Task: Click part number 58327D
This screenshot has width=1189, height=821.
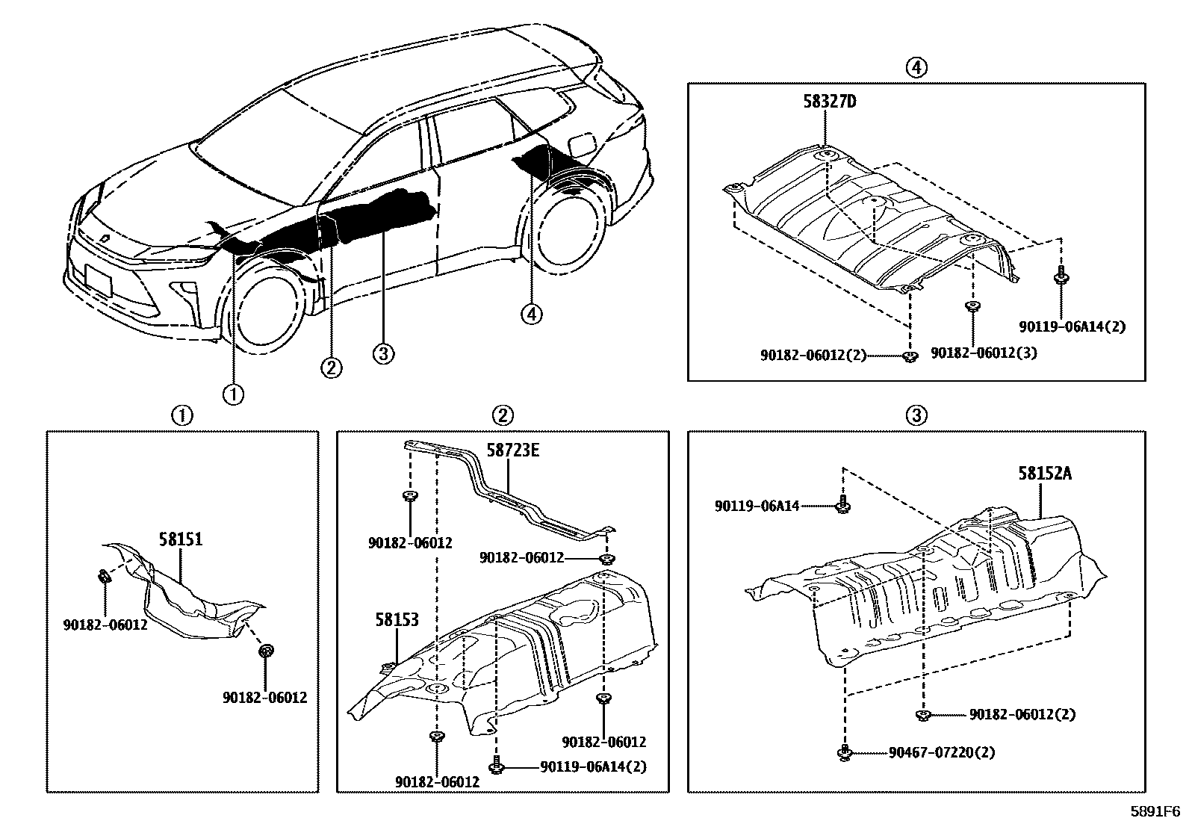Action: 829,102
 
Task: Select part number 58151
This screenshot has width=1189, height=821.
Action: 180,539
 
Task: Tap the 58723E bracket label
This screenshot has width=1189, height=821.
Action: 512,450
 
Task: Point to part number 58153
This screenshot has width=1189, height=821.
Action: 397,619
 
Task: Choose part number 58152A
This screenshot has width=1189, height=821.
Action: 1044,473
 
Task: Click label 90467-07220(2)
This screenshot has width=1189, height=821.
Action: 942,752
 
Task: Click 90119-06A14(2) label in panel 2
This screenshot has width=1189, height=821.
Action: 594,766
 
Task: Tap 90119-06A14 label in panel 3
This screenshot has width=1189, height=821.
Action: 757,506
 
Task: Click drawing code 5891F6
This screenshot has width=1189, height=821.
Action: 1154,811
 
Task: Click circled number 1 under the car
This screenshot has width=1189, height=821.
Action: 234,393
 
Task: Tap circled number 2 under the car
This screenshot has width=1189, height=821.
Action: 331,367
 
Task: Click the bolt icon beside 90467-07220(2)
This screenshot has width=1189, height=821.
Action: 844,752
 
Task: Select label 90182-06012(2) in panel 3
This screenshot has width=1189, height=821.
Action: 1022,715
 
